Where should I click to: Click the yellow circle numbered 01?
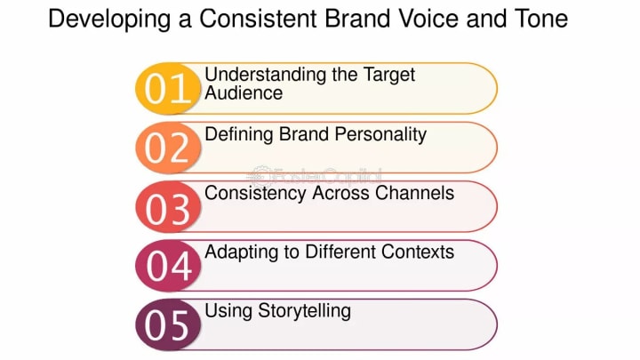(x=168, y=89)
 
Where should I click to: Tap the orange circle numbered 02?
(x=168, y=148)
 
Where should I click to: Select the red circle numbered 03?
(x=168, y=207)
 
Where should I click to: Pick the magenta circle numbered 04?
(x=168, y=266)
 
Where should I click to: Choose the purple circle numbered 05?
(x=168, y=325)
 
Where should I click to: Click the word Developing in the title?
(x=109, y=20)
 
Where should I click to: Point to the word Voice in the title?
(x=428, y=19)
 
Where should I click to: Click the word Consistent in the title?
(x=258, y=19)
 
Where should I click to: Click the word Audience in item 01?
(x=244, y=92)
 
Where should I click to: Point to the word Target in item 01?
(x=389, y=76)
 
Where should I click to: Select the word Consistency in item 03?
(x=255, y=195)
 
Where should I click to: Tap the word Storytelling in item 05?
(x=305, y=312)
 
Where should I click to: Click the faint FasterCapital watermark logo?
(x=315, y=176)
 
